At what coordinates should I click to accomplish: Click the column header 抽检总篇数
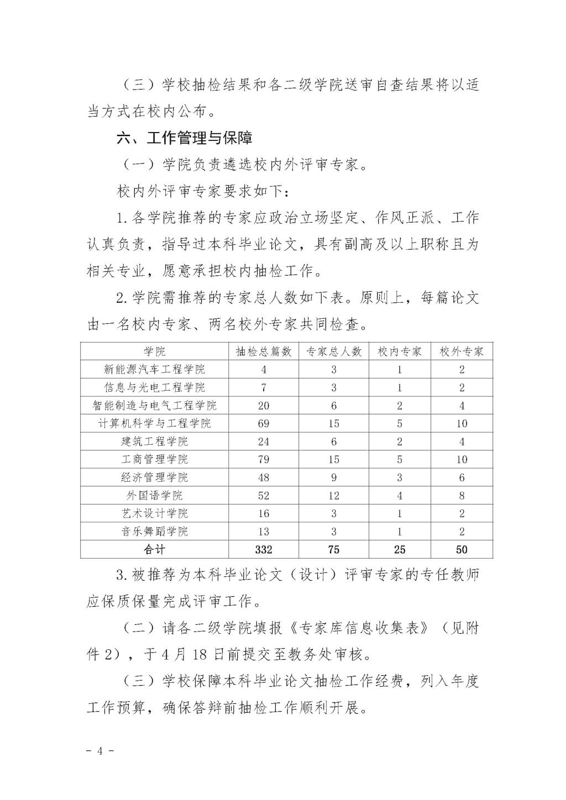[x=264, y=352]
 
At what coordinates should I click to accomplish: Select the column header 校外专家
[x=462, y=352]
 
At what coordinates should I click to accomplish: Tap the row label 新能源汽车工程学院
[x=155, y=370]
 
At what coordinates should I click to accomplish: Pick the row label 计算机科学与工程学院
[x=155, y=424]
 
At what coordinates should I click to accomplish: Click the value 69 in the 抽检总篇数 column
[x=264, y=424]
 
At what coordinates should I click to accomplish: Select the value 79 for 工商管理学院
[x=264, y=460]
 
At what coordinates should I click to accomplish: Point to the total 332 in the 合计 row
[x=264, y=550]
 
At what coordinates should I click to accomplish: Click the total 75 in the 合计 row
[x=333, y=550]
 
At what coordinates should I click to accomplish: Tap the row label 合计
[x=155, y=550]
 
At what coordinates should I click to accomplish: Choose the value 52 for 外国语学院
[x=264, y=496]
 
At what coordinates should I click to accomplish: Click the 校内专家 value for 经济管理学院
[x=399, y=478]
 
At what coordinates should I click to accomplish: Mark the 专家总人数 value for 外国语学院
[x=333, y=496]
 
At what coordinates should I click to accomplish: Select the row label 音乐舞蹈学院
[x=155, y=531]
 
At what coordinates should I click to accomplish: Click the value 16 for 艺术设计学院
[x=264, y=514]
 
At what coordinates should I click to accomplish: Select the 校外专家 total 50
[x=462, y=550]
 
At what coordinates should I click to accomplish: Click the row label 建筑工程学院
[x=155, y=442]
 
